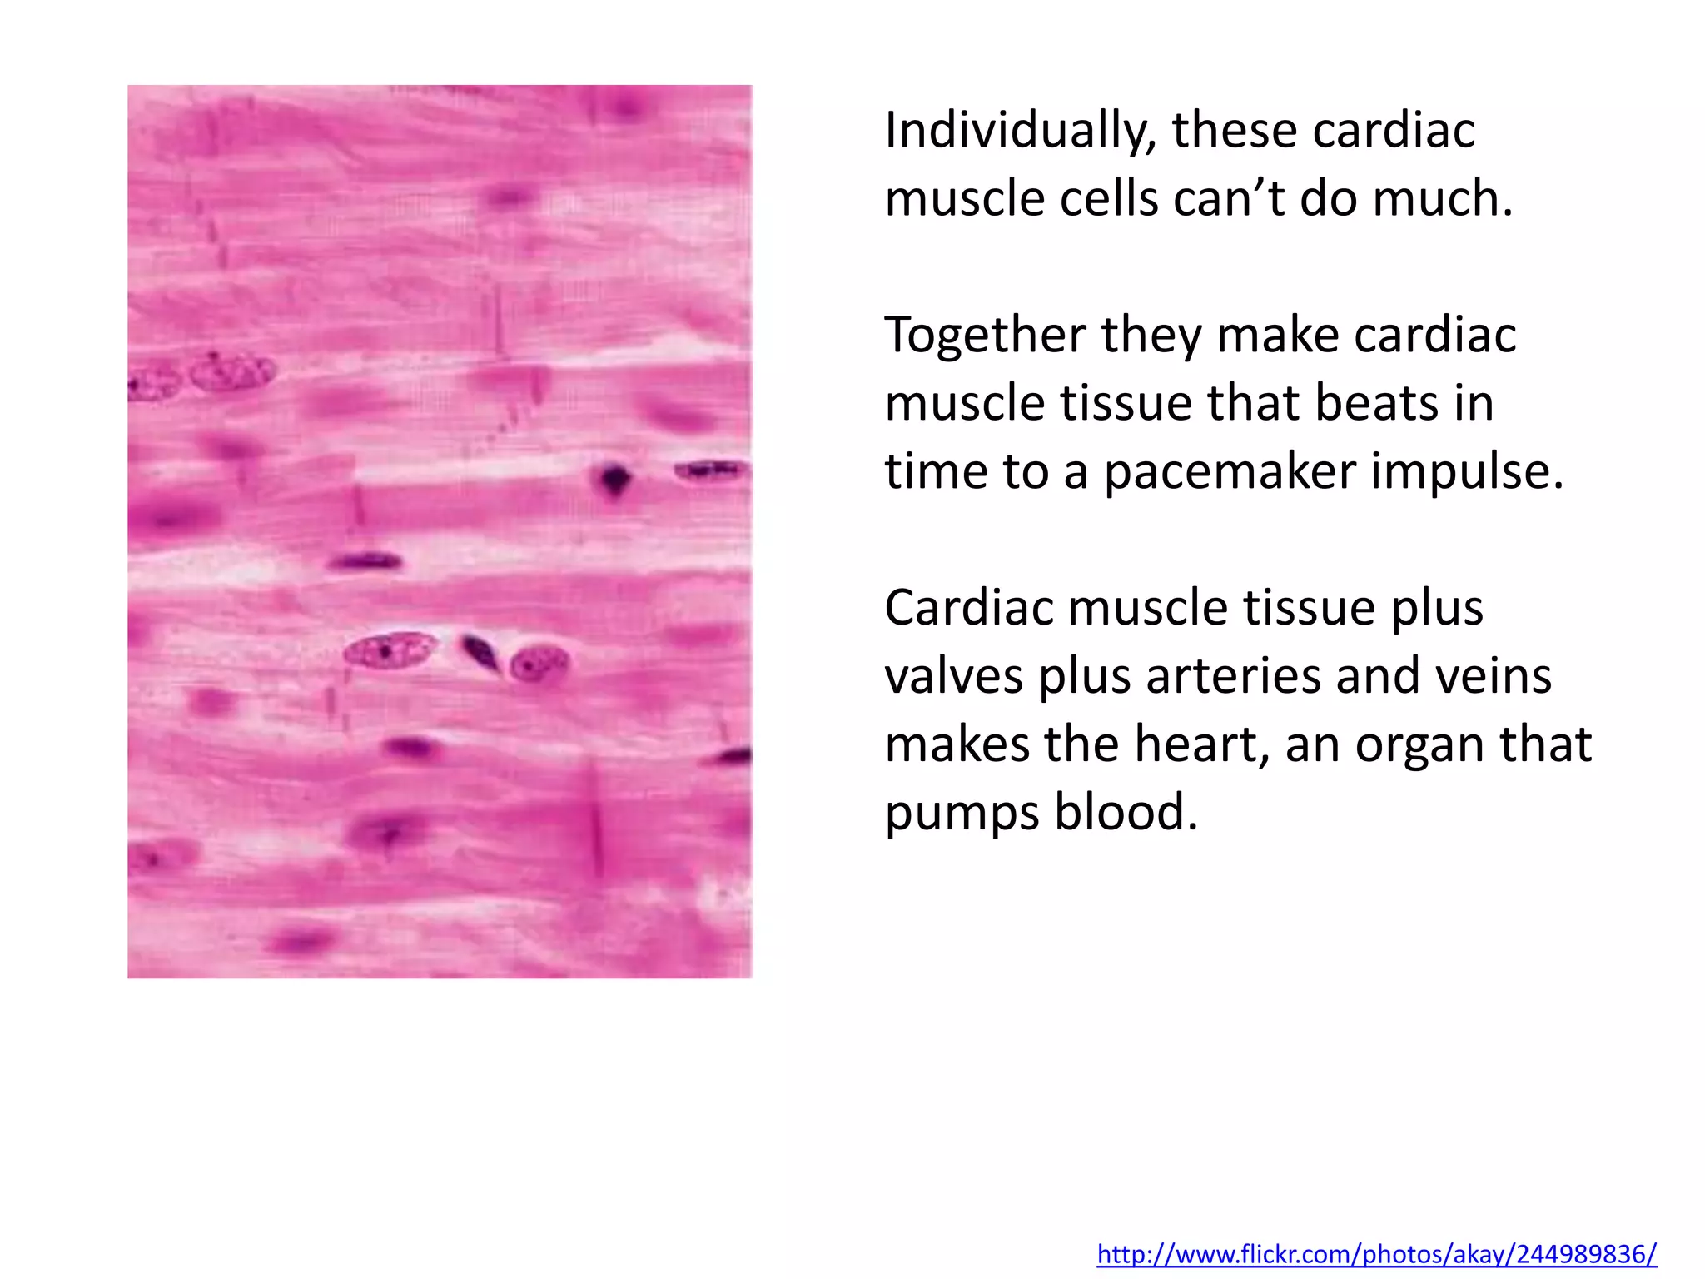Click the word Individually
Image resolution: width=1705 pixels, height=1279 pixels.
pyautogui.click(x=1020, y=132)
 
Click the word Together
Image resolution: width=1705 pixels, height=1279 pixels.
pyautogui.click(x=984, y=336)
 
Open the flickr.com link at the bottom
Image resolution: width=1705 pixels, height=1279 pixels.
pyautogui.click(x=1376, y=1253)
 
